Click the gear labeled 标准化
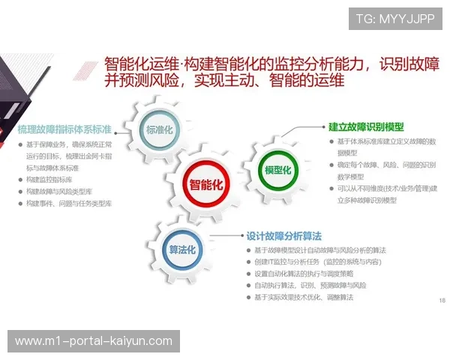(x=159, y=130)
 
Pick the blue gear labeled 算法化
(x=182, y=249)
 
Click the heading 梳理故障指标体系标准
(x=64, y=129)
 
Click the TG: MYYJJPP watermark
(x=394, y=19)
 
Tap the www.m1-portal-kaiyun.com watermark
(x=93, y=341)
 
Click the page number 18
(x=441, y=300)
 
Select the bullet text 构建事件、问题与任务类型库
(x=69, y=202)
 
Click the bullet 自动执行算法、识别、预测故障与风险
(x=310, y=286)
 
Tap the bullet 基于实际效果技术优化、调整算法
(x=303, y=298)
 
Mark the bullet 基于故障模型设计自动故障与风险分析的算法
(x=320, y=250)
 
